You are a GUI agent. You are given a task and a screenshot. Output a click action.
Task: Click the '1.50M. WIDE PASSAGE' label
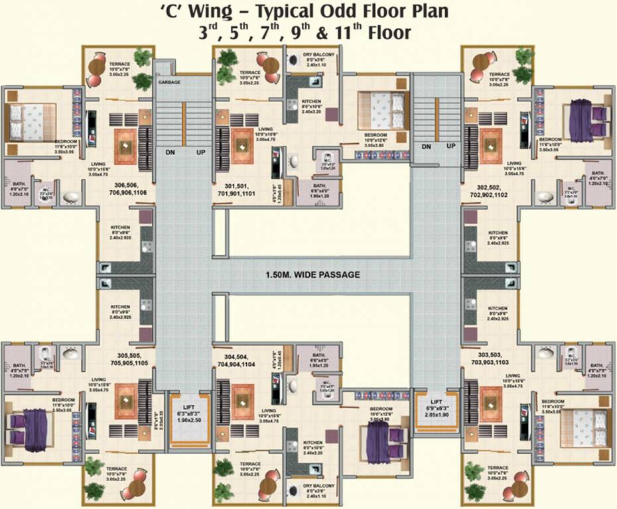pyautogui.click(x=312, y=274)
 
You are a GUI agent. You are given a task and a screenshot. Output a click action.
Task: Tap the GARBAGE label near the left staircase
pyautogui.click(x=170, y=82)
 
